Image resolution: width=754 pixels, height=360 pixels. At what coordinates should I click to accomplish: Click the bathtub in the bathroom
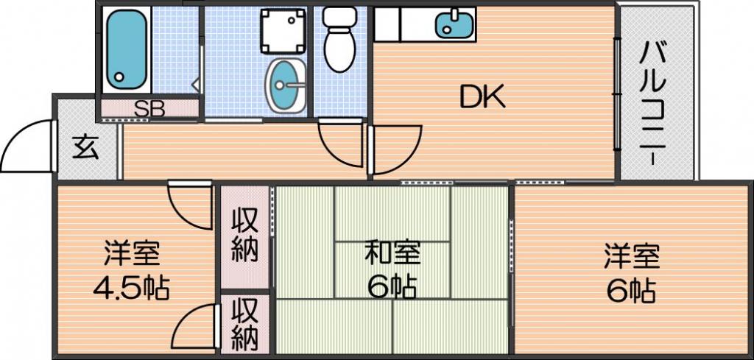point(126,49)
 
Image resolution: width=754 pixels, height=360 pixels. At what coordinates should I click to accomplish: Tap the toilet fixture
point(339,40)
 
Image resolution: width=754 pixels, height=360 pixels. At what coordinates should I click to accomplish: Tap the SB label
point(149,109)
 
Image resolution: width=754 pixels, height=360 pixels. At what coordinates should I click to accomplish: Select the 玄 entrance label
point(86,148)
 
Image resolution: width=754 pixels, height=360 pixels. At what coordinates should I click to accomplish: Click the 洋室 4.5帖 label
point(131,271)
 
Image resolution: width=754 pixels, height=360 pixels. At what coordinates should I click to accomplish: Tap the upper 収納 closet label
point(244,236)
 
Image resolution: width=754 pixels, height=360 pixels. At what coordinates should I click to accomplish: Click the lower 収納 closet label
point(244,324)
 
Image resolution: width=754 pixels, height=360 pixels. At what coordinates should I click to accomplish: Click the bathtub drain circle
point(118,77)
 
